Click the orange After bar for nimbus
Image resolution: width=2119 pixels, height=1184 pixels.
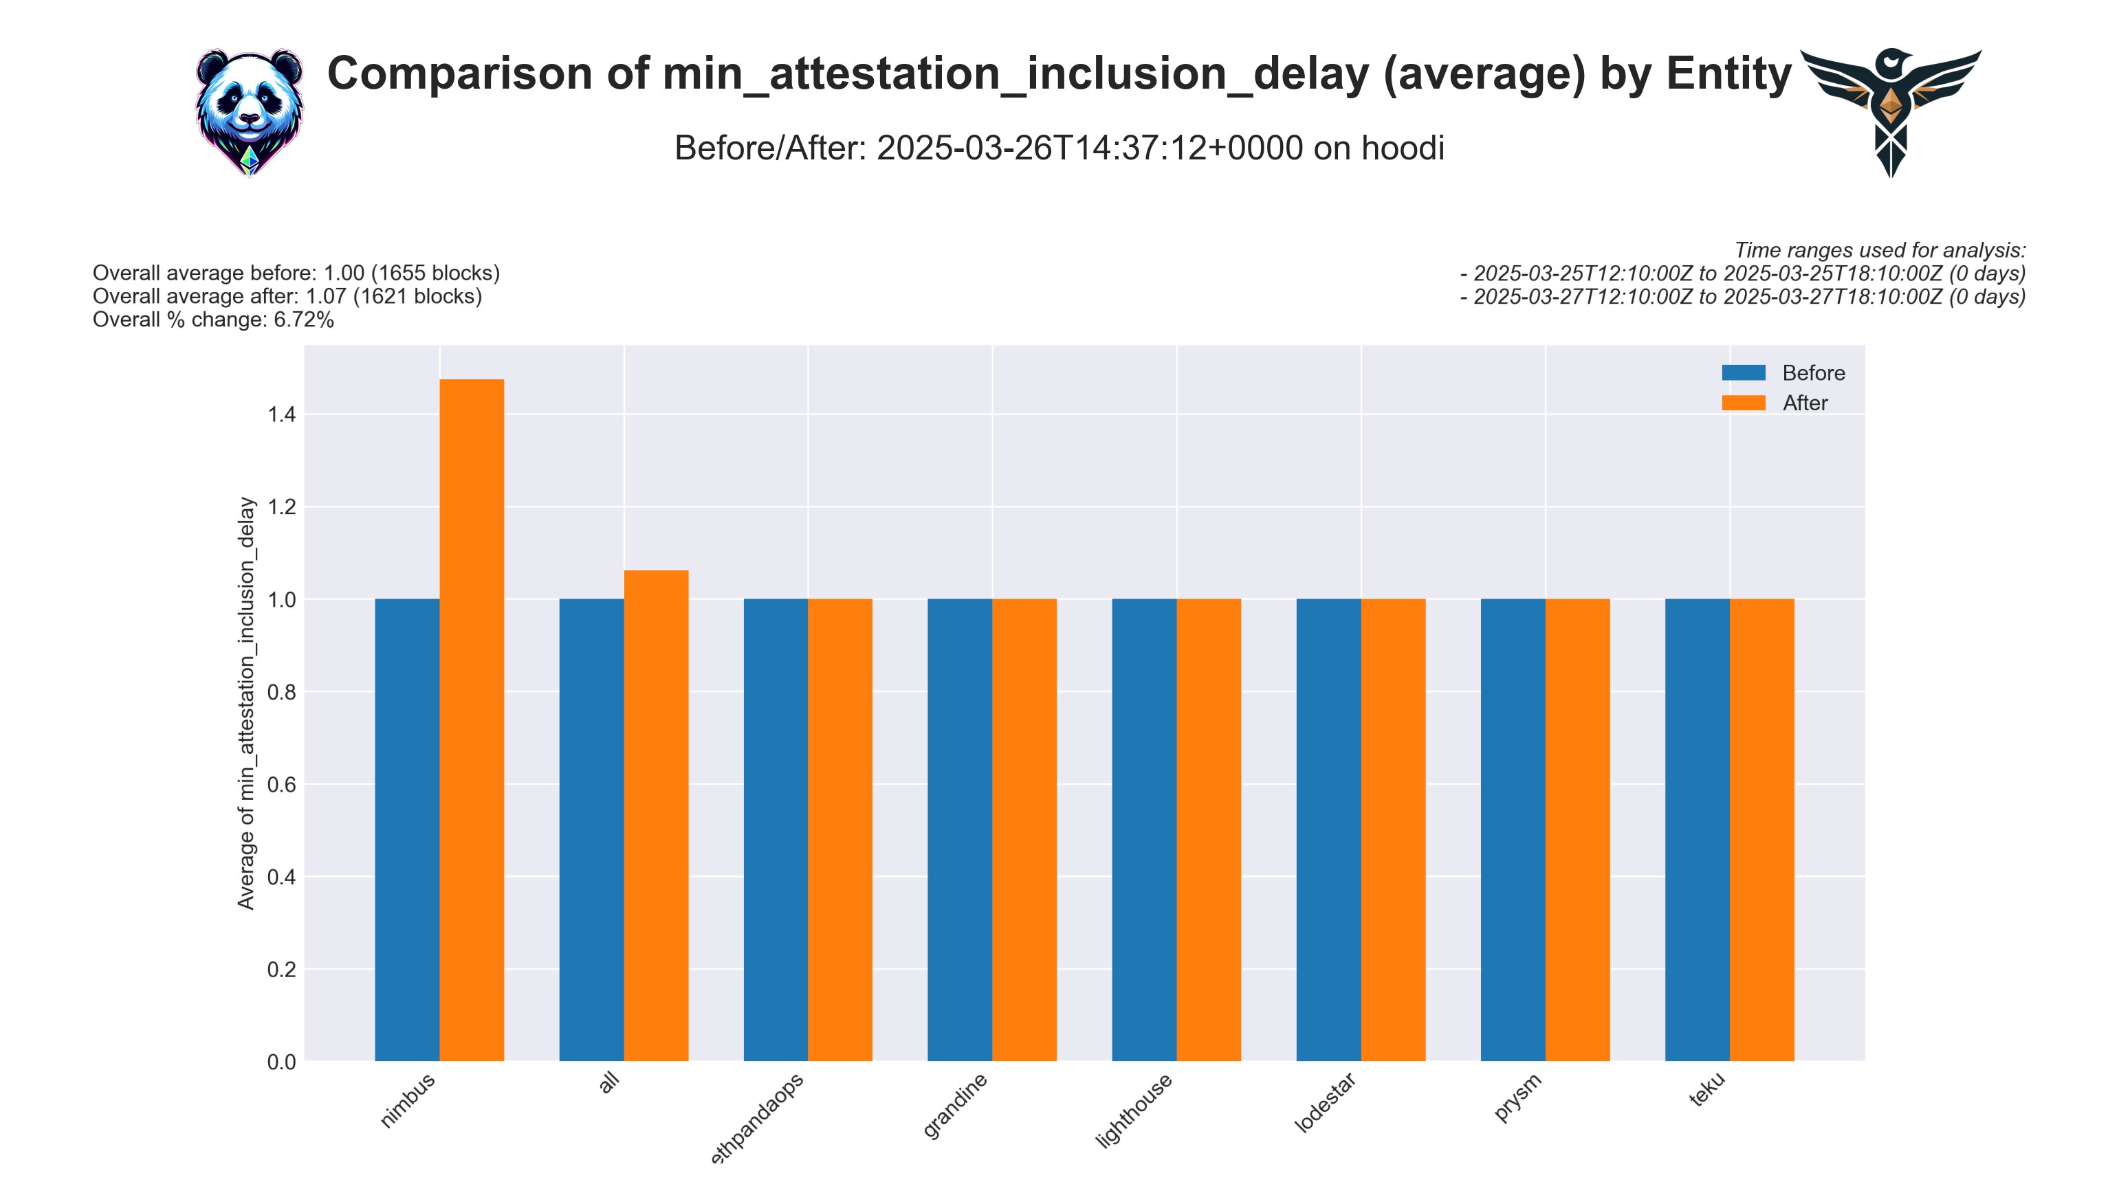(472, 719)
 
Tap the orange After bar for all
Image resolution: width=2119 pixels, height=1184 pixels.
(656, 815)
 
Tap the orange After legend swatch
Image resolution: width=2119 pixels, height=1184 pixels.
(1743, 403)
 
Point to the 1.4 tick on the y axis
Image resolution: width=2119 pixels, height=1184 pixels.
(281, 414)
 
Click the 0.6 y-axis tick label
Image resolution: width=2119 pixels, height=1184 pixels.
(281, 784)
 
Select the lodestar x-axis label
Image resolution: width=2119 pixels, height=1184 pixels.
(1324, 1103)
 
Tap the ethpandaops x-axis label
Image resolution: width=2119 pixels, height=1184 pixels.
(757, 1118)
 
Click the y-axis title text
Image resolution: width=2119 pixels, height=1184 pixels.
(246, 703)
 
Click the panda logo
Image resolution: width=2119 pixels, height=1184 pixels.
(250, 112)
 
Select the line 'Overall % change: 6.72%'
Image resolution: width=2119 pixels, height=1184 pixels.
(213, 320)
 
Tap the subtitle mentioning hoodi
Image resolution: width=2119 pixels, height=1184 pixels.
(1059, 148)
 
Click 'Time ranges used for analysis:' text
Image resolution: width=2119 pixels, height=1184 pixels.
(1880, 250)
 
